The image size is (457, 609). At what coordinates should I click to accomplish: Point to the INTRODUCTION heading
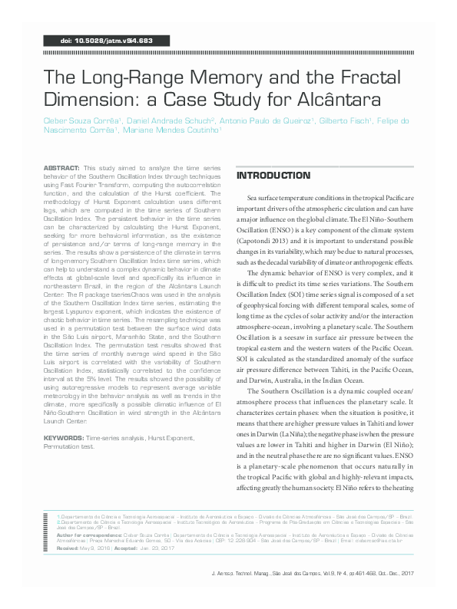(x=273, y=176)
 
